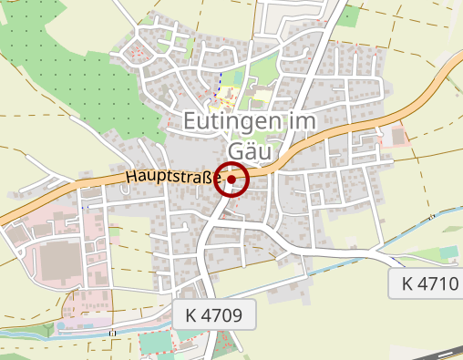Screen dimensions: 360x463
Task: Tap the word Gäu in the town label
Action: [249, 149]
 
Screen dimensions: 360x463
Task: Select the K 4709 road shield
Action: [212, 315]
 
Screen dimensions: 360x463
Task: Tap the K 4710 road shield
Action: [429, 283]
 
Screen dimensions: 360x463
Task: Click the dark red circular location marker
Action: [231, 180]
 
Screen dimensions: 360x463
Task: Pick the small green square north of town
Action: [349, 15]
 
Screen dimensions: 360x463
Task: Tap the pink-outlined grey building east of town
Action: [398, 137]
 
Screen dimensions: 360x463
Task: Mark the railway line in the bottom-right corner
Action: [437, 352]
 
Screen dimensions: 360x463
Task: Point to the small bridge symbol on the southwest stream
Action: [113, 334]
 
